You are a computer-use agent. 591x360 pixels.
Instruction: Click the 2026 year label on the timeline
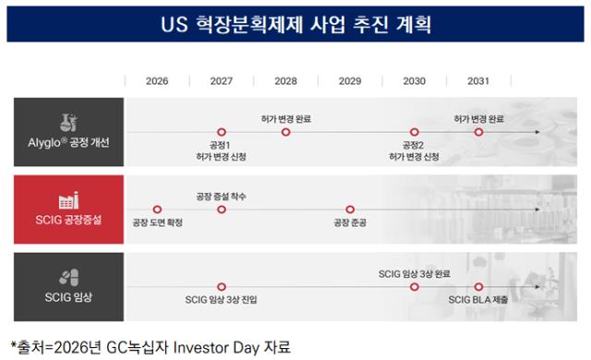[157, 81]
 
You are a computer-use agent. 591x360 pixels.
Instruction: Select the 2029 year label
[350, 81]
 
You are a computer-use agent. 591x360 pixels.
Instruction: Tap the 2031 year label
[478, 81]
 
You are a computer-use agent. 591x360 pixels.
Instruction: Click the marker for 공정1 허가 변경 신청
[222, 132]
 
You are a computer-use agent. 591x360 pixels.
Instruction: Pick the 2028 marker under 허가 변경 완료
[285, 132]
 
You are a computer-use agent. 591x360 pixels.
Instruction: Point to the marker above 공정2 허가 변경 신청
[415, 132]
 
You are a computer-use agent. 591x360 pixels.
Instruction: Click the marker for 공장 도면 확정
[157, 210]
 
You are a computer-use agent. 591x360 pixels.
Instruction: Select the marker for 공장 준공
[350, 210]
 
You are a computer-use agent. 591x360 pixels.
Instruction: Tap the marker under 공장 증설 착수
[222, 210]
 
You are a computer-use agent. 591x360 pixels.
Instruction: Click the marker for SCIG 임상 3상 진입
[222, 287]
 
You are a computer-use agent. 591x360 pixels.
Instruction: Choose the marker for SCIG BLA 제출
[478, 287]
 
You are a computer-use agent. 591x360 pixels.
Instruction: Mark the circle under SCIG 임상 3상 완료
[415, 287]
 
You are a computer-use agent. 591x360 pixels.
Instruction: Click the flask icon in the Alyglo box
[68, 123]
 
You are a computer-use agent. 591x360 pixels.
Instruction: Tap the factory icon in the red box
[68, 200]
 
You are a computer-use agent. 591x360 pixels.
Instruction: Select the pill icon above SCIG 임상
[68, 278]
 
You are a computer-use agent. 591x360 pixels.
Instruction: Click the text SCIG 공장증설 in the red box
[68, 220]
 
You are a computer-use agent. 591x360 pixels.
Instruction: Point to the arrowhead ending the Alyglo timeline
[537, 132]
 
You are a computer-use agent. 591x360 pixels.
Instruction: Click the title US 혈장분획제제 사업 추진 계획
[295, 25]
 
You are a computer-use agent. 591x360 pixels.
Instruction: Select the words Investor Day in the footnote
[216, 347]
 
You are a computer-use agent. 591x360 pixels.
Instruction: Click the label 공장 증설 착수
[222, 197]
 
